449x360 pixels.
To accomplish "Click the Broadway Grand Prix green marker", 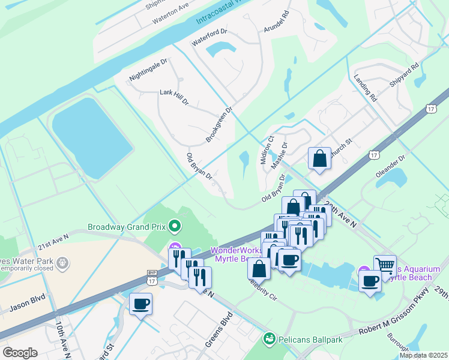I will [x=175, y=226].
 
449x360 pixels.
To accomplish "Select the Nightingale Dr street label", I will [x=148, y=70].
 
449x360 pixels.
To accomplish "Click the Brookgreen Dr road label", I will [x=218, y=125].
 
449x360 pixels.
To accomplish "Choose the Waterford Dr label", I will [x=209, y=37].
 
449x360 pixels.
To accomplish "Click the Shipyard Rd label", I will [x=402, y=74].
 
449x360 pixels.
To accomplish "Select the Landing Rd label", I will [x=365, y=88].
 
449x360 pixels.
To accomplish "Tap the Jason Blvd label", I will [x=28, y=304].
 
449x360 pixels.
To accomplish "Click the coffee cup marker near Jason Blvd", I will [x=140, y=304].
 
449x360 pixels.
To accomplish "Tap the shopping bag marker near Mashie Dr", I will [x=319, y=158].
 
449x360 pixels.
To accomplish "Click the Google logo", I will [x=20, y=353].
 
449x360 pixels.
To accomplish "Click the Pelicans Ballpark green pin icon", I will [x=270, y=340].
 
